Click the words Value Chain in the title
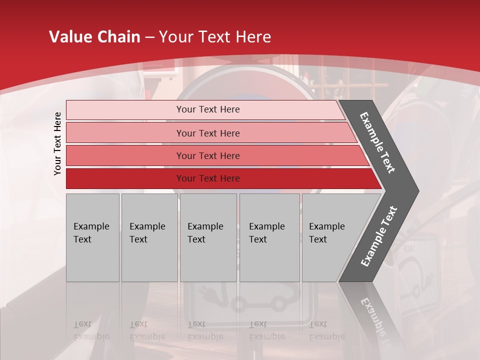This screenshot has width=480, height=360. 94,37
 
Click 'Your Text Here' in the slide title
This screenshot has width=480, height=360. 215,37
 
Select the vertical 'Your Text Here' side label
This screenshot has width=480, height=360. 57,143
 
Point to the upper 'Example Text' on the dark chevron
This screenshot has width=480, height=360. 377,142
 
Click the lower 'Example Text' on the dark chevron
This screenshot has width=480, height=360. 378,236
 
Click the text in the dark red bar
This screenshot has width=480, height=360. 208,178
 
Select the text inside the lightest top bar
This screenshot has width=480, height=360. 208,109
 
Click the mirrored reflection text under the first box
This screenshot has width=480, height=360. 91,330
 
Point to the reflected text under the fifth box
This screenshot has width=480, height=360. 326,330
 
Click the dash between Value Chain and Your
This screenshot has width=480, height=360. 149,37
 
